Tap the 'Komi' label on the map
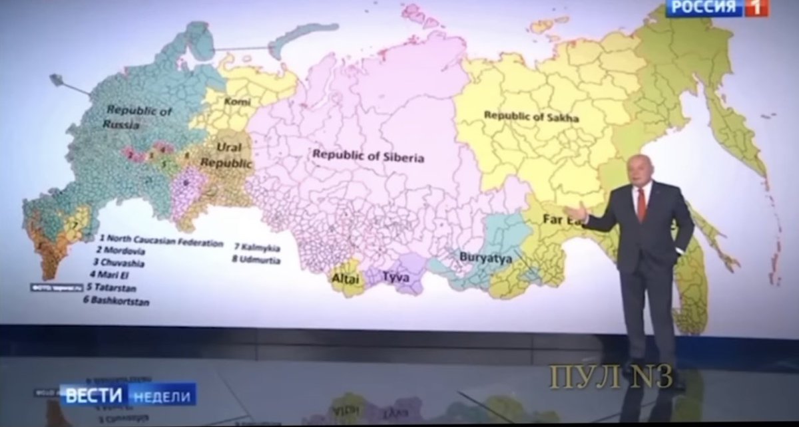coord(238,102)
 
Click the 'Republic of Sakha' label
coord(531,116)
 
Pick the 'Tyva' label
coord(396,276)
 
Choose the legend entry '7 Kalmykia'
coord(256,247)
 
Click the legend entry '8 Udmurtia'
coord(256,259)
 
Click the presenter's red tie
coord(642,204)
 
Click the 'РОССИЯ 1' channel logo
coord(716,8)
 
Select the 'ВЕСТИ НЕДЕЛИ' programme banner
coord(128,395)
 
